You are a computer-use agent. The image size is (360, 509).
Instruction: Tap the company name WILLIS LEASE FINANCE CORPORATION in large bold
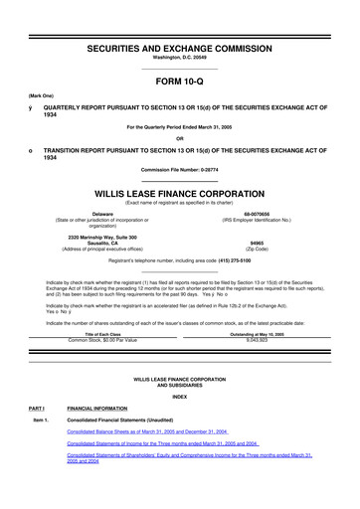click(180, 185)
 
